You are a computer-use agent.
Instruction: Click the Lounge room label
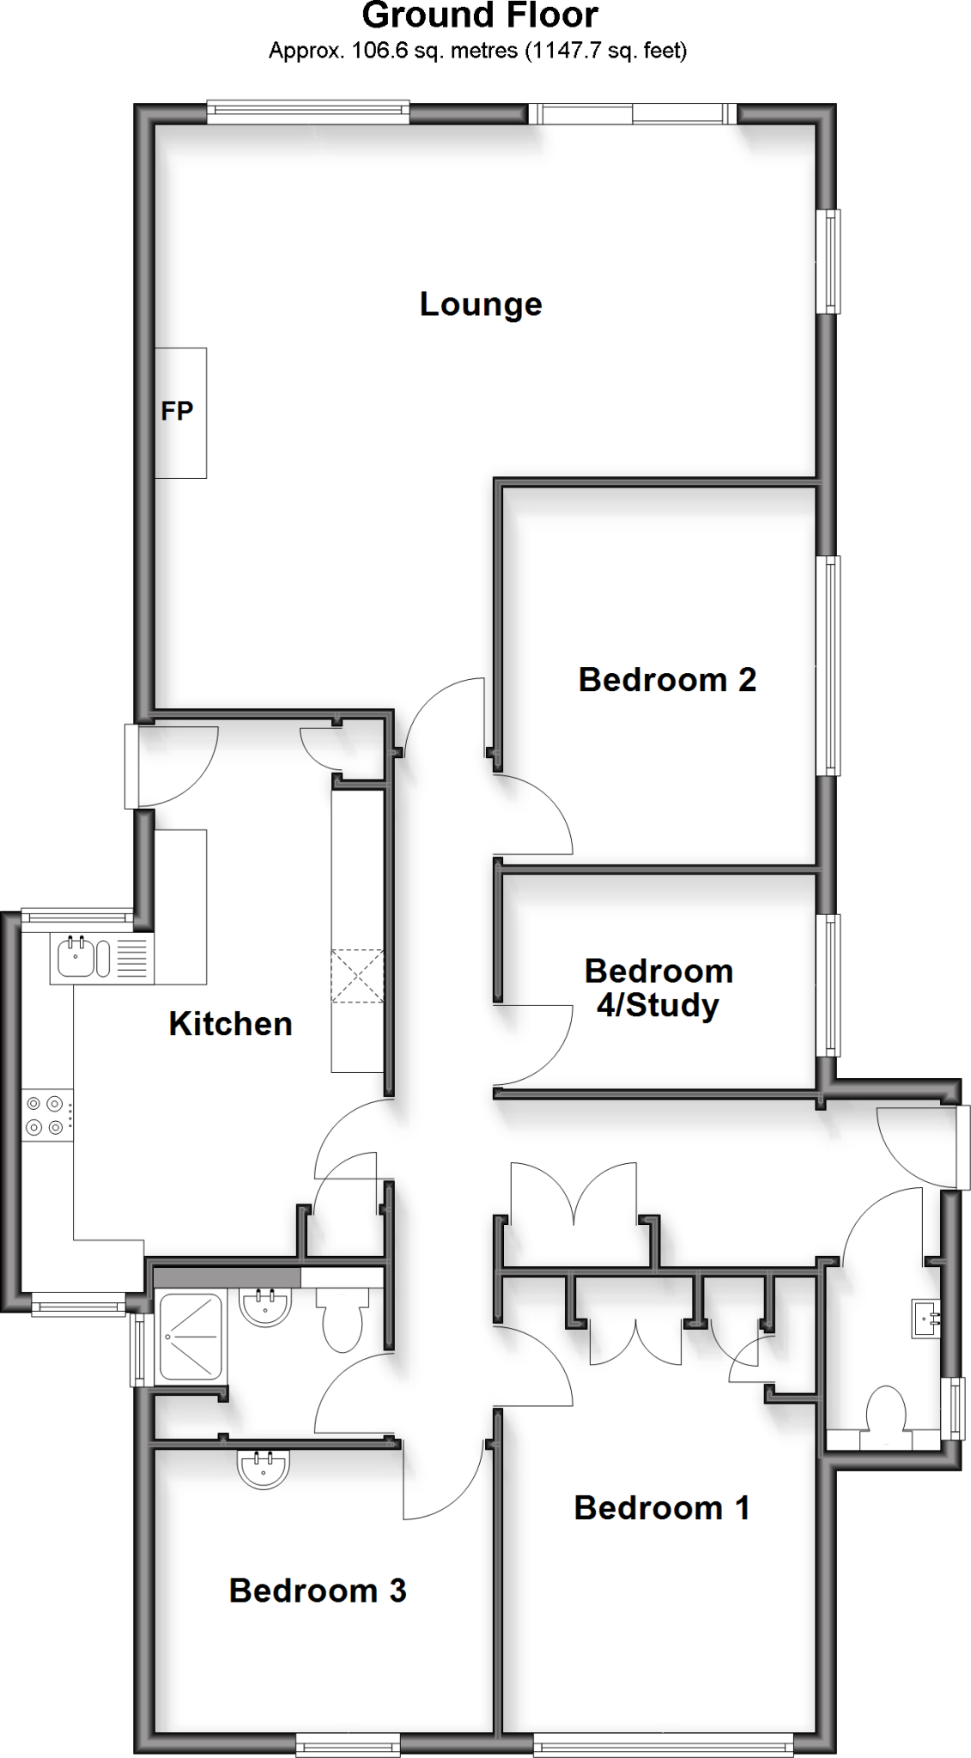pos(481,305)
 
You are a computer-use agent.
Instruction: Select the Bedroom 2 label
pos(667,680)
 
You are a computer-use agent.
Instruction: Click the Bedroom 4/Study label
pos(658,988)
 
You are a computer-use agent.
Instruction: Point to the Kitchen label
pos(230,1024)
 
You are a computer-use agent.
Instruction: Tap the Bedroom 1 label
pos(661,1508)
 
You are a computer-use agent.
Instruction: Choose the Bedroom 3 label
pos(317,1591)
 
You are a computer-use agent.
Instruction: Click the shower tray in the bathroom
pos(191,1336)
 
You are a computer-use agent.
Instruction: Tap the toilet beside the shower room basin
pos(342,1326)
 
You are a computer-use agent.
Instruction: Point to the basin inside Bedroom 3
pos(264,1469)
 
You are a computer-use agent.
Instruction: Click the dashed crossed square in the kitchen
pos(357,976)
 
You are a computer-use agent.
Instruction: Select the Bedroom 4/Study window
pos(829,985)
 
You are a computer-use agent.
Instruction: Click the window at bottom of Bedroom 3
pos(348,1743)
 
